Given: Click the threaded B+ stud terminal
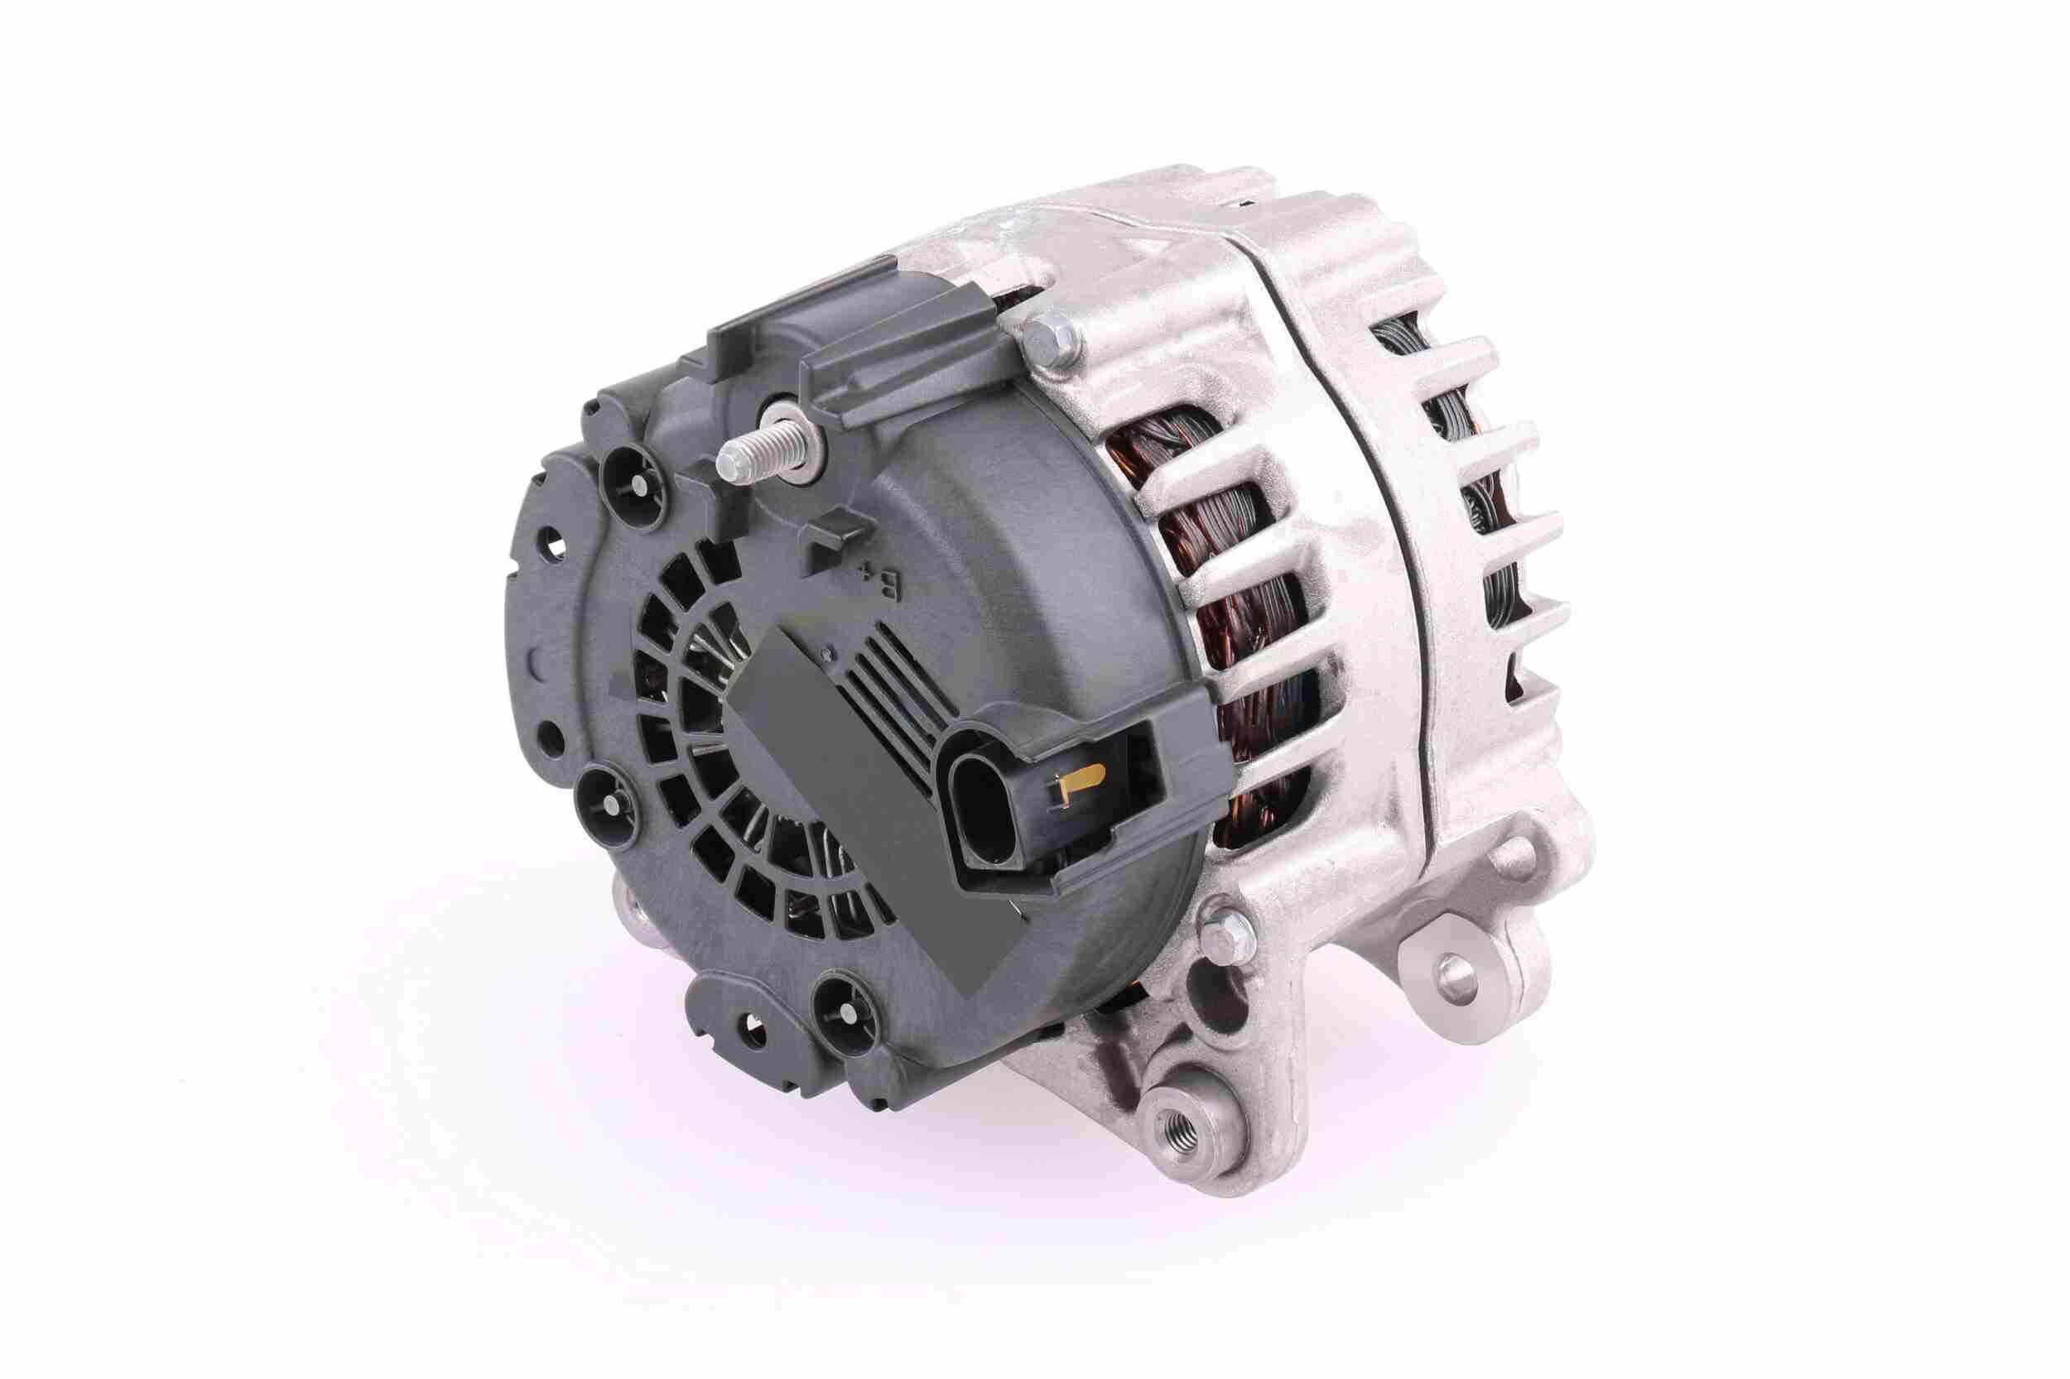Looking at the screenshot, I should coord(748,457).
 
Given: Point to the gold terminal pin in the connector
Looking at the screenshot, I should coord(1081,779).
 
